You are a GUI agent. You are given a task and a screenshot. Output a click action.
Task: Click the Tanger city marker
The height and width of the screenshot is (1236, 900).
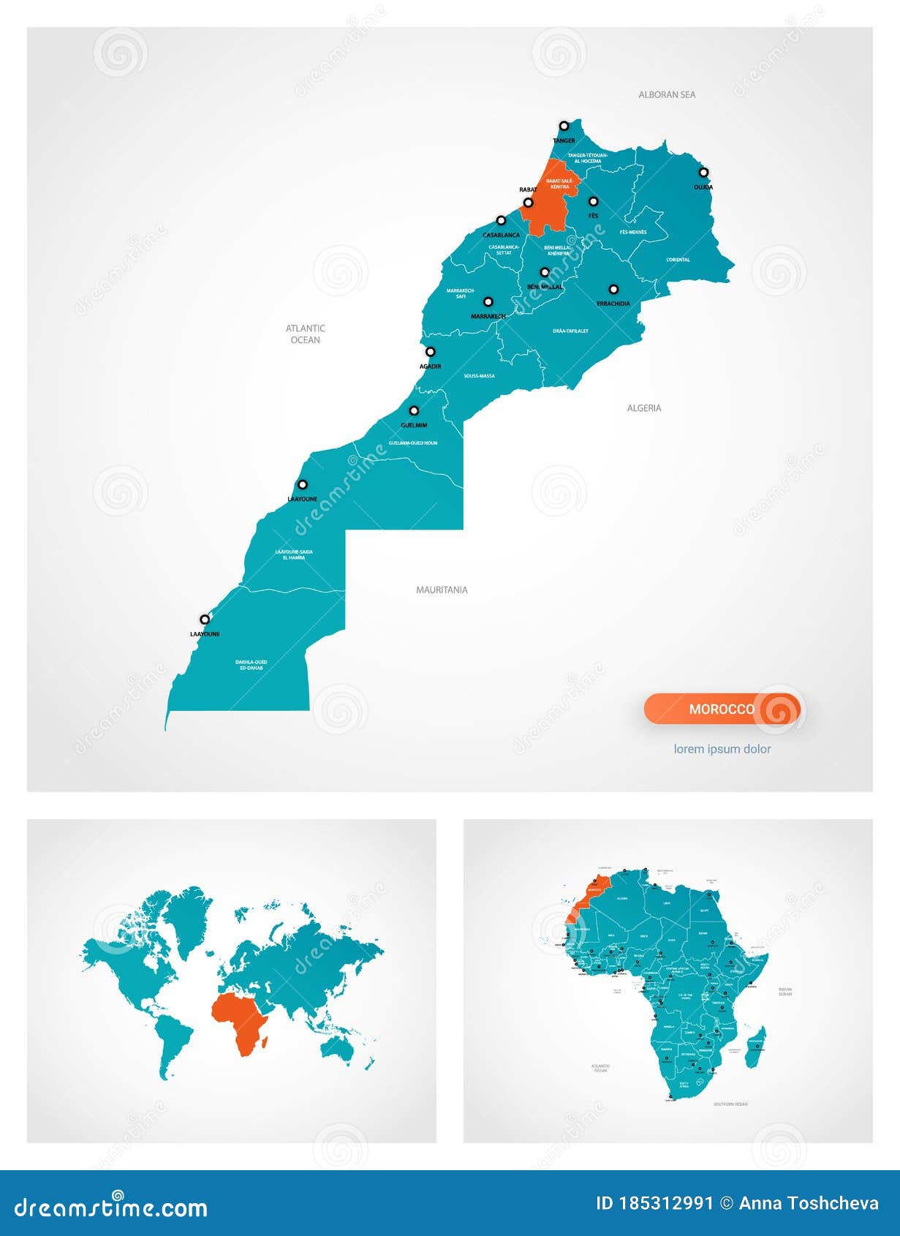(564, 126)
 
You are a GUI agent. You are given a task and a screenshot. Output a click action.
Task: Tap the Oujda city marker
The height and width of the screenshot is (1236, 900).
(703, 173)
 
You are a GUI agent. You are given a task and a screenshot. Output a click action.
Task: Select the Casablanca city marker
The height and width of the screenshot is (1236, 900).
(501, 220)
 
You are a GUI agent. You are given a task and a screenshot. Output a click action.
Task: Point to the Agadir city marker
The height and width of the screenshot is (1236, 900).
(431, 352)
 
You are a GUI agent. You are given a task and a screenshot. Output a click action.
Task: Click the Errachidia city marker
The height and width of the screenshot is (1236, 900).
(613, 289)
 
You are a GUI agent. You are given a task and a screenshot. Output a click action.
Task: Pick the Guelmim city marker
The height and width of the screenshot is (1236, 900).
(414, 411)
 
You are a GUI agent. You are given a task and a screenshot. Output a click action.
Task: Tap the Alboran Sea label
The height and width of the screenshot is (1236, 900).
(667, 94)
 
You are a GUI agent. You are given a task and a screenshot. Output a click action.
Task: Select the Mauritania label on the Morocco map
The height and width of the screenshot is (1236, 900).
(442, 589)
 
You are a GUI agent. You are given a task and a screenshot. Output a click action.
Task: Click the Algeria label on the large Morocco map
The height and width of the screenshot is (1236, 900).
(644, 408)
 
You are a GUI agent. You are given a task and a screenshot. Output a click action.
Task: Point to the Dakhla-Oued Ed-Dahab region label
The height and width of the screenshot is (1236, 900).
(251, 665)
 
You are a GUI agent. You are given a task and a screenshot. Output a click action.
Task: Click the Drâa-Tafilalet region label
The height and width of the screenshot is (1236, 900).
(570, 331)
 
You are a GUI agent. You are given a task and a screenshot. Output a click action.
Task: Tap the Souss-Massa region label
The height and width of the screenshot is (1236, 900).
(479, 376)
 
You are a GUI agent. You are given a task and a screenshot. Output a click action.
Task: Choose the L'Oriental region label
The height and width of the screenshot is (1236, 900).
(678, 260)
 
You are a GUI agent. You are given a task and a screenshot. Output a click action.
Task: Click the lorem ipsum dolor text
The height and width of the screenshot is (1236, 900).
(722, 749)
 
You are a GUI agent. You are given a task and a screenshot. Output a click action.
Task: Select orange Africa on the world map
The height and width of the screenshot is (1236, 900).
(241, 1020)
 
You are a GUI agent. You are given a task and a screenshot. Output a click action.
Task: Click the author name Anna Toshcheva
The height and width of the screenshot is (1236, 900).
(809, 1204)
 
